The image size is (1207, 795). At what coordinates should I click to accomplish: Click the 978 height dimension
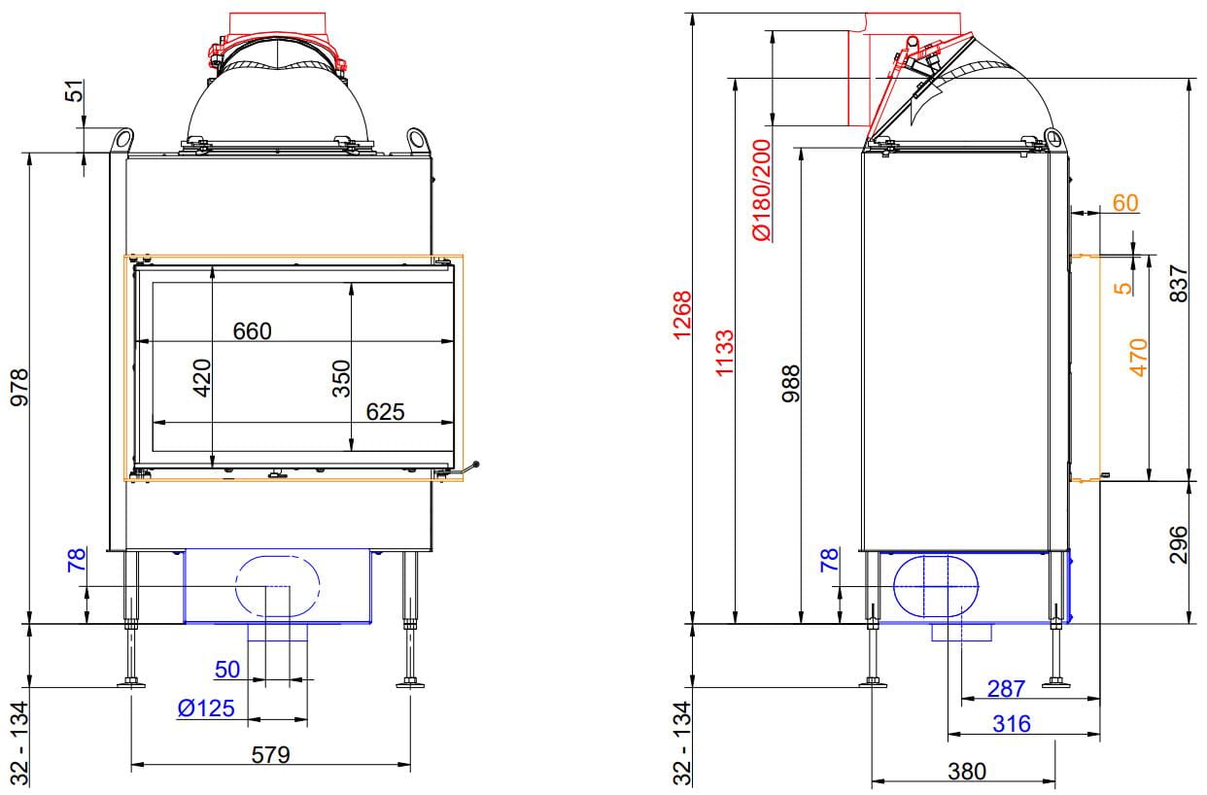click(x=18, y=388)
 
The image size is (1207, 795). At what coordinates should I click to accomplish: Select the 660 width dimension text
click(x=252, y=331)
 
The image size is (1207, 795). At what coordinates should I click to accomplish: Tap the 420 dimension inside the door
click(x=201, y=378)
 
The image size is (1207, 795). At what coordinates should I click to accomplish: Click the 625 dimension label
click(x=385, y=412)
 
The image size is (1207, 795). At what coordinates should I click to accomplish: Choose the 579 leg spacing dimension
click(x=270, y=754)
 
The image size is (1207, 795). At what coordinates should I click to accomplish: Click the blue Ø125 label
click(x=206, y=709)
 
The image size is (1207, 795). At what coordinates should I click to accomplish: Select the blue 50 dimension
click(x=226, y=670)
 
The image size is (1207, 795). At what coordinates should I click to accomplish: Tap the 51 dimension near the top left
click(x=76, y=90)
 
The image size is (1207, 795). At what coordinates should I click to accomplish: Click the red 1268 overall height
click(x=681, y=315)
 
